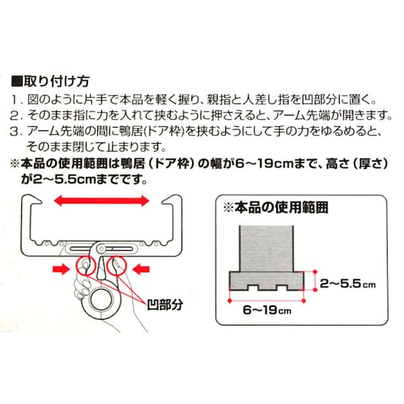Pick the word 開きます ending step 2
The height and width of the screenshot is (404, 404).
[365, 115]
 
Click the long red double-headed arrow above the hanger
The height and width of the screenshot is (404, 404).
[103, 201]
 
